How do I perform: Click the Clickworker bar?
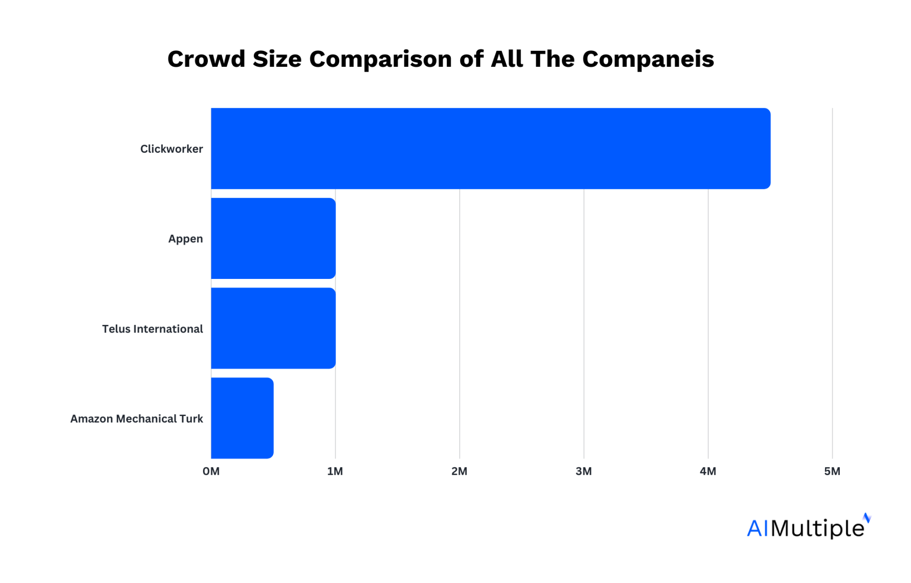click(x=490, y=148)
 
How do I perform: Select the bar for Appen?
click(x=273, y=238)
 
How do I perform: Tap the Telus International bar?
click(x=273, y=328)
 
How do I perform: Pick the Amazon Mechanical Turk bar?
click(x=242, y=418)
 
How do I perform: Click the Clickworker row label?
click(x=171, y=149)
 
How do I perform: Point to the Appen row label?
click(x=186, y=239)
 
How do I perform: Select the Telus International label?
click(x=152, y=329)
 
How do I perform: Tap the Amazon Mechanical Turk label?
click(x=137, y=418)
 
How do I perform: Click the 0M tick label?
click(x=211, y=471)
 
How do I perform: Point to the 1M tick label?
click(x=335, y=471)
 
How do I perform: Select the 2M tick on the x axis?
click(x=459, y=471)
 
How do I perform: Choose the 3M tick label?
click(x=584, y=471)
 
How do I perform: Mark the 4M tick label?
click(x=708, y=471)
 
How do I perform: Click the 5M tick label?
click(x=832, y=471)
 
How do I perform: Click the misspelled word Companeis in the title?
click(x=648, y=59)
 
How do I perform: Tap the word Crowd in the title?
click(x=206, y=59)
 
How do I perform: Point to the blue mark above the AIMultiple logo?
click(x=867, y=518)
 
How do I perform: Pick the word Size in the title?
click(x=277, y=59)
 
